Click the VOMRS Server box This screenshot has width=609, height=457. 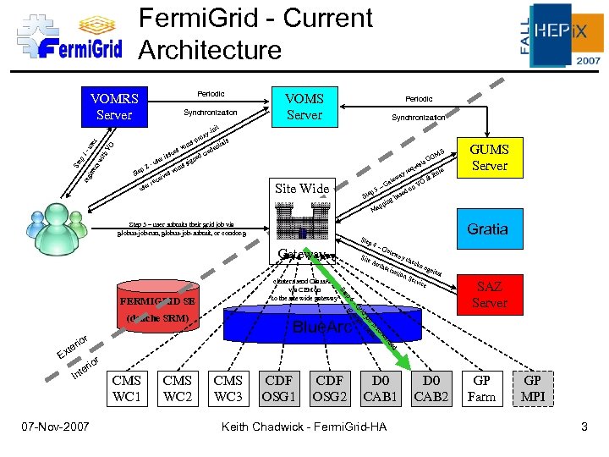tap(114, 106)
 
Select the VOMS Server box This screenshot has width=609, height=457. tap(304, 106)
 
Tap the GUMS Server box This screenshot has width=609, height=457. tap(489, 157)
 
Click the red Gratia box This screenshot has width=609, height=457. tap(488, 229)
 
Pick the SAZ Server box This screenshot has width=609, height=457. tap(489, 294)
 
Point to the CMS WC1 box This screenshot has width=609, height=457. tap(127, 388)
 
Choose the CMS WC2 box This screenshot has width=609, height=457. tap(178, 388)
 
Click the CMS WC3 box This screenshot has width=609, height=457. tap(228, 388)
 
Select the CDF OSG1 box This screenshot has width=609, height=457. tap(279, 388)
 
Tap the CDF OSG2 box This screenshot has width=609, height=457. tap(330, 388)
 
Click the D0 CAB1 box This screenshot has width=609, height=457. tap(379, 388)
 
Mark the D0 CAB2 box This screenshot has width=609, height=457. tap(432, 388)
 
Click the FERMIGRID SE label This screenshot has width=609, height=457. tap(160, 300)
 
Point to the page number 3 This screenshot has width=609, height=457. tap(583, 427)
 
